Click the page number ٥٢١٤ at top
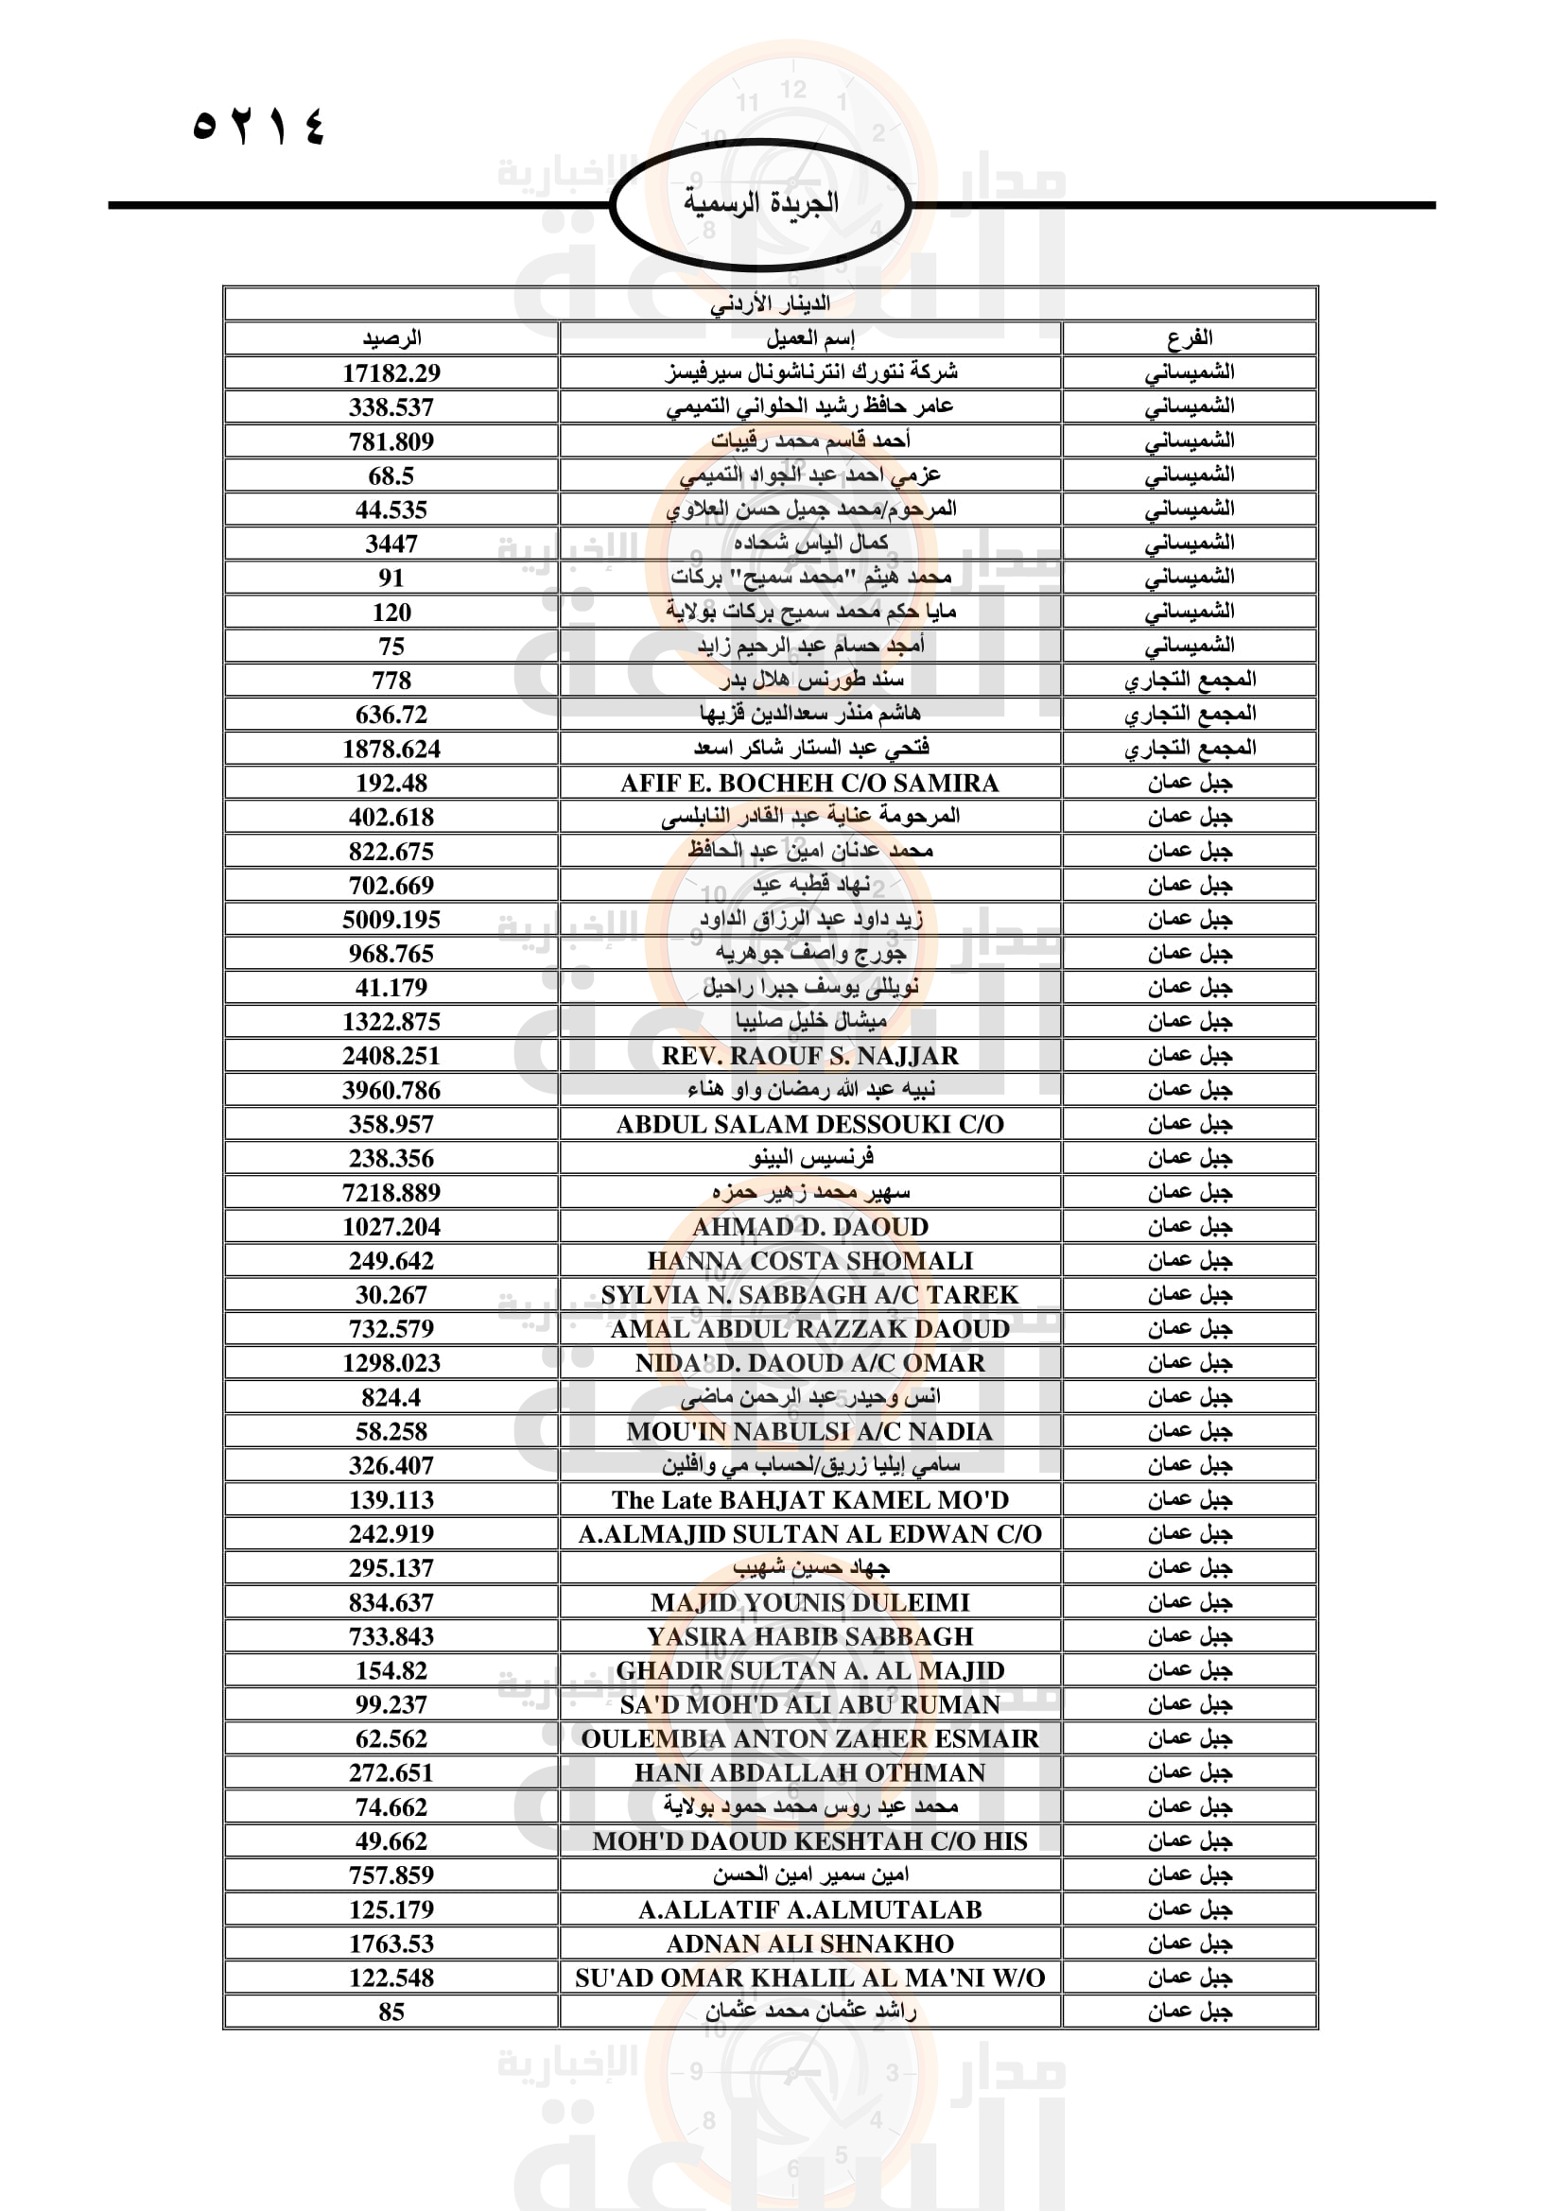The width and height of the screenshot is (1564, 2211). [259, 126]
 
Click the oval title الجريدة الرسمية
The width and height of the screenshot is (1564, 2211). [760, 203]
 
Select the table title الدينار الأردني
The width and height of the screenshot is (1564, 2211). [770, 303]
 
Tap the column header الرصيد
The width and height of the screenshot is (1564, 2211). [391, 338]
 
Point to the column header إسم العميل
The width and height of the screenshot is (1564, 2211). [810, 338]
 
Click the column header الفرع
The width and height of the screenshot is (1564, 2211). [1190, 338]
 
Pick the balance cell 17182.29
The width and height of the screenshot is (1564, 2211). [391, 372]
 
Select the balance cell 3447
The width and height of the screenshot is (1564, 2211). [391, 544]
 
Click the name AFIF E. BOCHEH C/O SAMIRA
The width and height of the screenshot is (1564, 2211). [810, 783]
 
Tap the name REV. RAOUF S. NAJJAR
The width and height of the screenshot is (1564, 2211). [810, 1057]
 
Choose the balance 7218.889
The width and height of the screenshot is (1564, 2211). [391, 1192]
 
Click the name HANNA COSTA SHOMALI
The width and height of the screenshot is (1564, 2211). [810, 1261]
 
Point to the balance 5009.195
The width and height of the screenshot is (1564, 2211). [391, 920]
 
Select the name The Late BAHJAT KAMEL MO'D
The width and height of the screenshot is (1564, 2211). [810, 1499]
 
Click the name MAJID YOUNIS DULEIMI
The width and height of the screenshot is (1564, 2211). [810, 1602]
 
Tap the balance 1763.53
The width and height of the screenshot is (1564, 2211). [391, 1943]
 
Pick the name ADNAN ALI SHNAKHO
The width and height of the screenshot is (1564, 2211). [810, 1943]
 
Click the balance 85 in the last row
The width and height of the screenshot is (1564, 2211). [391, 2012]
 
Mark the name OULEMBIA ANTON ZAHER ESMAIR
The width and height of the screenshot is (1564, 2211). [810, 1738]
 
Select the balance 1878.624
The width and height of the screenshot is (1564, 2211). [391, 749]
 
